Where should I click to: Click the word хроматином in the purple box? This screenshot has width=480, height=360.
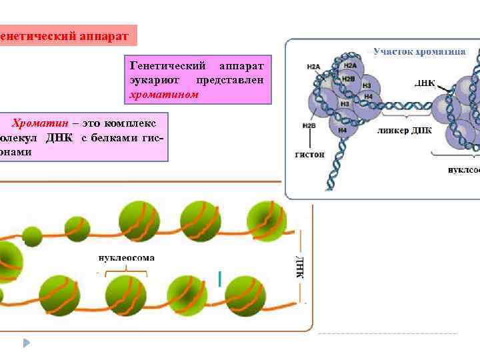163,95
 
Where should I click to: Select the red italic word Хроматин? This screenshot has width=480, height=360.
39,124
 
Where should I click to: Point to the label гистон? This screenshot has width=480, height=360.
309,154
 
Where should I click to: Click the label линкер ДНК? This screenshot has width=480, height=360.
404,130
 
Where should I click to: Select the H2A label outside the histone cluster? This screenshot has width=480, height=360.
313,67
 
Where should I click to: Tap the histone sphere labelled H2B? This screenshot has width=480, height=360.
349,79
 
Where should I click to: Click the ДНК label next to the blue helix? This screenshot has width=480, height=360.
425,84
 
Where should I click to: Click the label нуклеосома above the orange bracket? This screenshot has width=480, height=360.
126,257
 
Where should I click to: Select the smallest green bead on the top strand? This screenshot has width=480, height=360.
32,236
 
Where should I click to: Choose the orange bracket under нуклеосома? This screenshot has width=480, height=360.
122,271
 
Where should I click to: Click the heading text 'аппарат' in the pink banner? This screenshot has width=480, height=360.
98,35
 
